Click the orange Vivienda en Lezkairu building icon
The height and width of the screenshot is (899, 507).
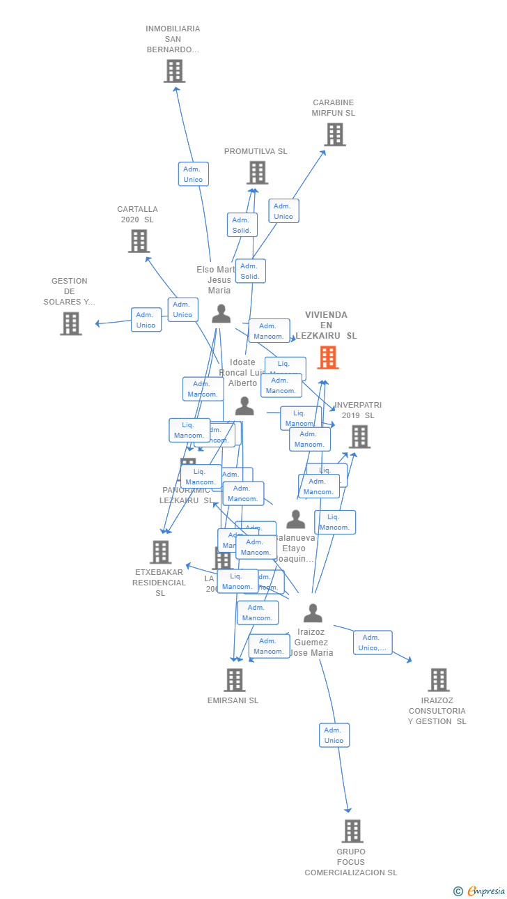[x=328, y=358]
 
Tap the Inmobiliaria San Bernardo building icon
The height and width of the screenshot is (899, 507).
[x=174, y=71]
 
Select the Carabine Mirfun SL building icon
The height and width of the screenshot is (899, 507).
[x=335, y=135]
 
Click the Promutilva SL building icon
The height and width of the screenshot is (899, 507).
[x=257, y=173]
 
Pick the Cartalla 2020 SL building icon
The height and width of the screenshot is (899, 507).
[x=139, y=241]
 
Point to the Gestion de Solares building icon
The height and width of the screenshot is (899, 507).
[x=70, y=323]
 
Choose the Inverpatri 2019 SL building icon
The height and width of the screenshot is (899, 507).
[x=359, y=437]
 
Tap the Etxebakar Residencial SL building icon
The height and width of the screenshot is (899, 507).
[x=160, y=552]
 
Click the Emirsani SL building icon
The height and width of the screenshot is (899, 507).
[x=235, y=680]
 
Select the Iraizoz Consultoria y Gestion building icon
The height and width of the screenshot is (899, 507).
[x=438, y=680]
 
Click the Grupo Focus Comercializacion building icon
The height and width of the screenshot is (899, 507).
[x=352, y=831]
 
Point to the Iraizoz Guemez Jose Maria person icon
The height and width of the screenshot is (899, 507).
[x=313, y=613]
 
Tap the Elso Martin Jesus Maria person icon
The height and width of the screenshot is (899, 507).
[x=221, y=314]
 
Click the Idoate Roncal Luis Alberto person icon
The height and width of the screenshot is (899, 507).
[x=244, y=406]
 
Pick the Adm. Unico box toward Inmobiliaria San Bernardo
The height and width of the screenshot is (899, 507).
[x=193, y=174]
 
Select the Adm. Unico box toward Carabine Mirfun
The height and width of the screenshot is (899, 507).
[x=283, y=211]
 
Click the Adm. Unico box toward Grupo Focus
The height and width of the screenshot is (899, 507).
[x=334, y=735]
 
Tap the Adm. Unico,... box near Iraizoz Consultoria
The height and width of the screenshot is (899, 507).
[x=373, y=643]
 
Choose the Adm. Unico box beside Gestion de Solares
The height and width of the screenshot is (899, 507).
[x=146, y=320]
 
